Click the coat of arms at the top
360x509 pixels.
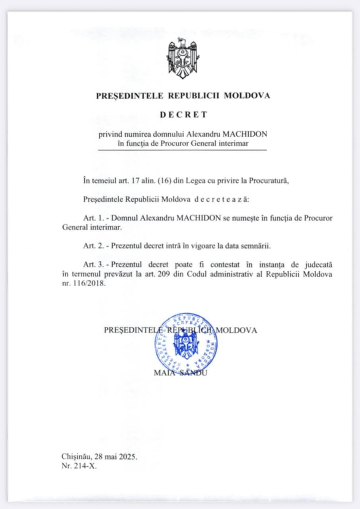click(183, 58)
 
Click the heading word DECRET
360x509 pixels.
click(183, 115)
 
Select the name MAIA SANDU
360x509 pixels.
click(180, 373)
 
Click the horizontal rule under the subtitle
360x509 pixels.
click(183, 150)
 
